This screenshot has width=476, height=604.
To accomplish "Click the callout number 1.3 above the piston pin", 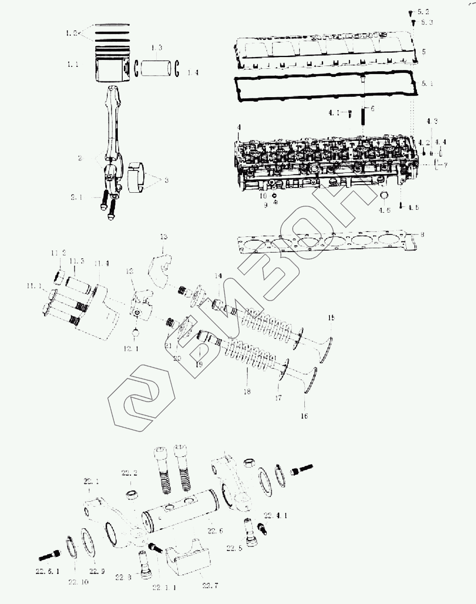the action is click(x=157, y=48).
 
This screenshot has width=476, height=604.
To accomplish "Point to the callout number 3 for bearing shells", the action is click(x=166, y=180).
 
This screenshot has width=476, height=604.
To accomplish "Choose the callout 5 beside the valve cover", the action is click(x=424, y=52).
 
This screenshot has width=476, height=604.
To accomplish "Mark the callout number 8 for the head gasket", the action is click(x=422, y=234).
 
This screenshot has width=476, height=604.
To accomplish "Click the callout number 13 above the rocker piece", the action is click(x=164, y=236).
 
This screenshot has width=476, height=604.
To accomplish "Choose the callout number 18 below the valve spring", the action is click(x=247, y=391).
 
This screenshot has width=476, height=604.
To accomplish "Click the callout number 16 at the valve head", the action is click(x=304, y=416).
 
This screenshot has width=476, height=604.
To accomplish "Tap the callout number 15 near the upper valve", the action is click(x=331, y=318).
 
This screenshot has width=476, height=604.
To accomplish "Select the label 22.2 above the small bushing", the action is click(x=130, y=473).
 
